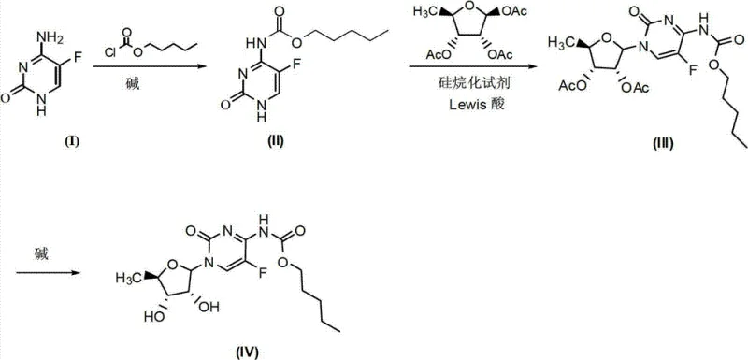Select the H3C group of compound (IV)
(x=128, y=277)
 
